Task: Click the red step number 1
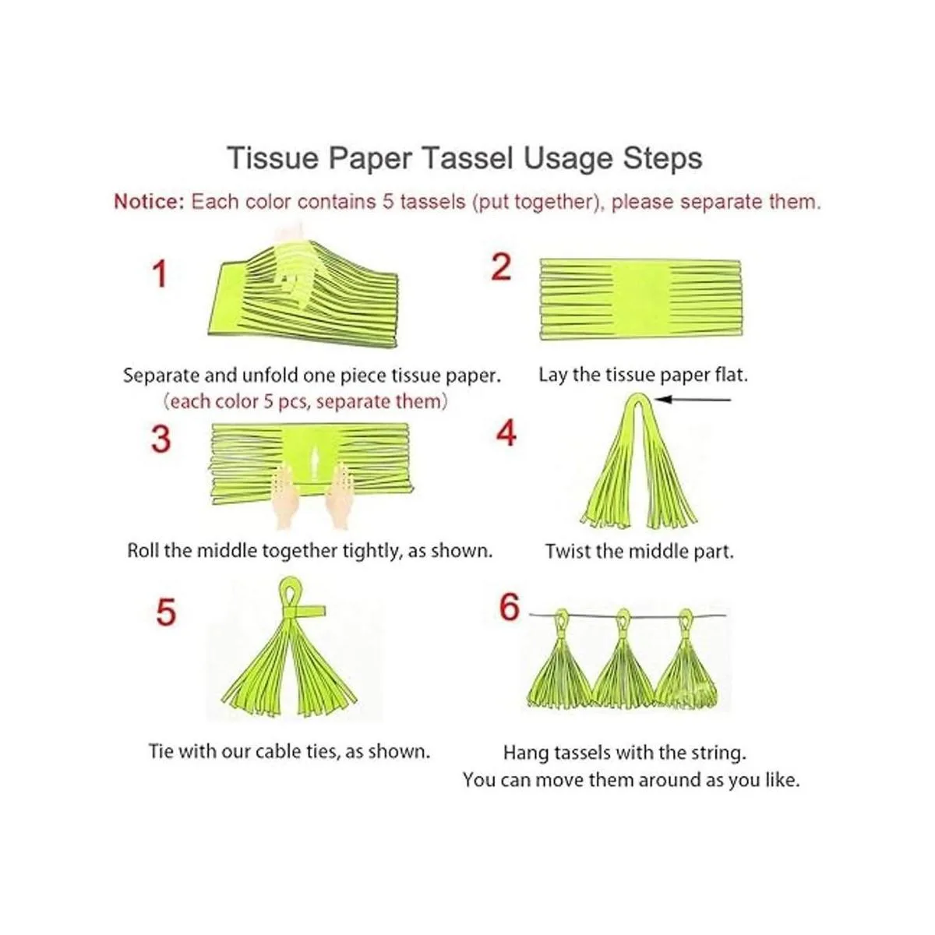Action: point(160,274)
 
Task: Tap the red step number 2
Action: point(501,267)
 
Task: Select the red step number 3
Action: point(161,439)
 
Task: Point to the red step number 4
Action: point(506,433)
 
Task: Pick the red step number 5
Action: point(165,612)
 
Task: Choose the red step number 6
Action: point(509,607)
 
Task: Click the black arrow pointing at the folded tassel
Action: point(693,400)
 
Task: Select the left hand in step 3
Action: point(288,495)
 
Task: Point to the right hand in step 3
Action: point(340,495)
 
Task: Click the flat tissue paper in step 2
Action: point(640,299)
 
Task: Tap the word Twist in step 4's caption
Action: point(566,552)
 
